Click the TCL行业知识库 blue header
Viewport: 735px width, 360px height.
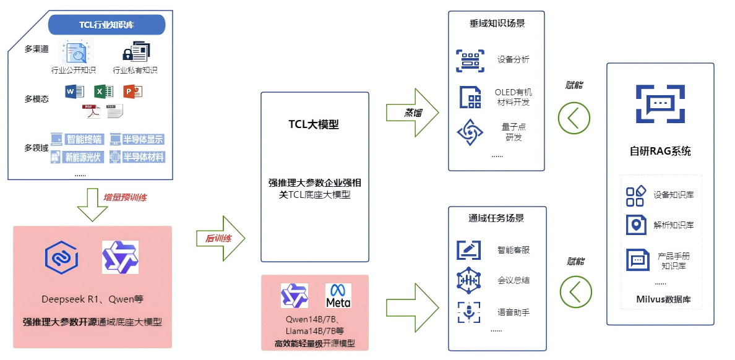(107, 25)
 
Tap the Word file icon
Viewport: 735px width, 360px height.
(74, 92)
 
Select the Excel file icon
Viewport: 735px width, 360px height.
(103, 92)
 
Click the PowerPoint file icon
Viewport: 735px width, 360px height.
(132, 92)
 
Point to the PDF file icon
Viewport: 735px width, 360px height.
(91, 112)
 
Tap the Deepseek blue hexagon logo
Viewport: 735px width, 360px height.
(61, 257)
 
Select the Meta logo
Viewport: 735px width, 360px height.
(338, 295)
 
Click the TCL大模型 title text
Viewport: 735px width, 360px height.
(314, 124)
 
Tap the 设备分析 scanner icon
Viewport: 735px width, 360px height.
(470, 61)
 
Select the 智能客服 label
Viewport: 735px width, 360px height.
(514, 250)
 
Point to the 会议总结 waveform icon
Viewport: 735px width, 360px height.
(468, 280)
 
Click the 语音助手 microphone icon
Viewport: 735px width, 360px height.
(468, 312)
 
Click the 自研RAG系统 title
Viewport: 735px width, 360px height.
(660, 152)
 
